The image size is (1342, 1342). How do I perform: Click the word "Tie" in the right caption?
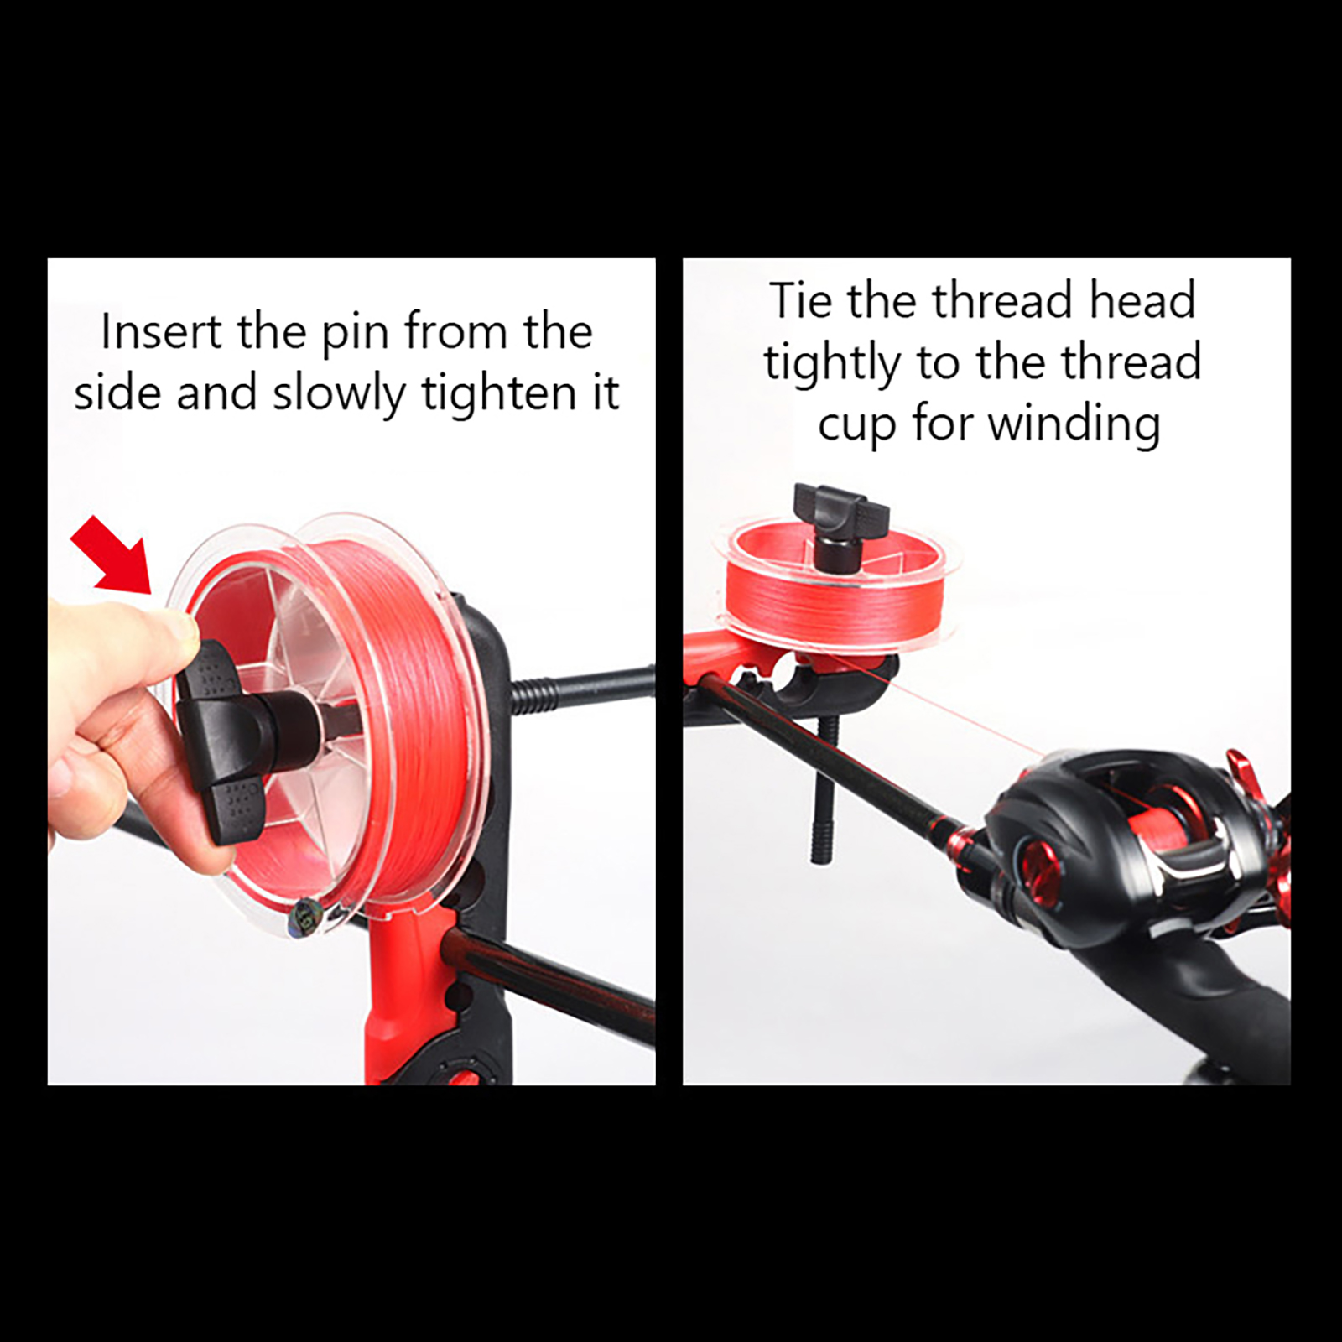pos(801,301)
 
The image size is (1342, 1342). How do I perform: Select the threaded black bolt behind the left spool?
pos(579,689)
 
